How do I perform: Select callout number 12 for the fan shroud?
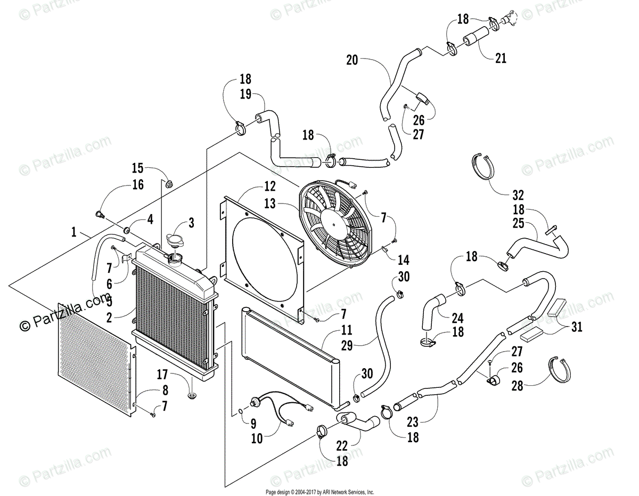coord(269,186)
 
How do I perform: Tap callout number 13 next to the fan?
coord(269,204)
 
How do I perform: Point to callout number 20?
coord(352,60)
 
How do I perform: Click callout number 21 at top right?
coord(501,58)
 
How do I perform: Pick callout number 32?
coord(518,196)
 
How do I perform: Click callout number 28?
coord(517,386)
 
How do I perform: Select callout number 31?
coord(577,327)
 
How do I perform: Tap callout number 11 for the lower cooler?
coord(347,330)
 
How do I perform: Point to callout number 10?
coord(257,438)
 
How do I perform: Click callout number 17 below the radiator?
coord(162,375)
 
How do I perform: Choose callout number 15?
coord(137,168)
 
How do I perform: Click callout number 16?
coord(138,185)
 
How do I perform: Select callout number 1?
coord(74,232)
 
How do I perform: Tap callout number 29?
coord(347,346)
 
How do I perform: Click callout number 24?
coord(457,318)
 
